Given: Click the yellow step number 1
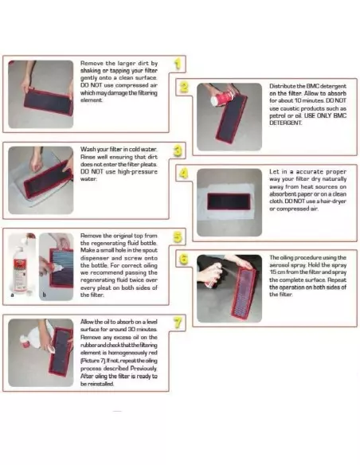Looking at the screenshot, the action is click(x=178, y=64).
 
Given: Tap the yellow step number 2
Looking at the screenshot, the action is click(x=184, y=87).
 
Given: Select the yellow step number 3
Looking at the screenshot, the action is click(x=178, y=150).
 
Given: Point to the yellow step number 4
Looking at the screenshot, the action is click(x=183, y=174).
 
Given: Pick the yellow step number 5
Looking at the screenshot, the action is click(x=178, y=236).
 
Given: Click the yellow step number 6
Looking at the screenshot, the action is click(x=184, y=260).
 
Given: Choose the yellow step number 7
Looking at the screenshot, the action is click(x=178, y=322).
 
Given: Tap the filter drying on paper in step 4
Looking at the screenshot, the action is click(x=229, y=201).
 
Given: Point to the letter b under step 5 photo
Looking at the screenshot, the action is click(x=44, y=295).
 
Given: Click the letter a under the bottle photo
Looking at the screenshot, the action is click(x=12, y=295).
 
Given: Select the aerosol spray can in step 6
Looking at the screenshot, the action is click(x=213, y=275).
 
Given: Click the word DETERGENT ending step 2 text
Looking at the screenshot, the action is click(x=285, y=123).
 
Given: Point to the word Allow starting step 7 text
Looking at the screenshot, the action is click(x=87, y=322).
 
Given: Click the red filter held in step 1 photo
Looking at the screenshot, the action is click(x=48, y=102).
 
